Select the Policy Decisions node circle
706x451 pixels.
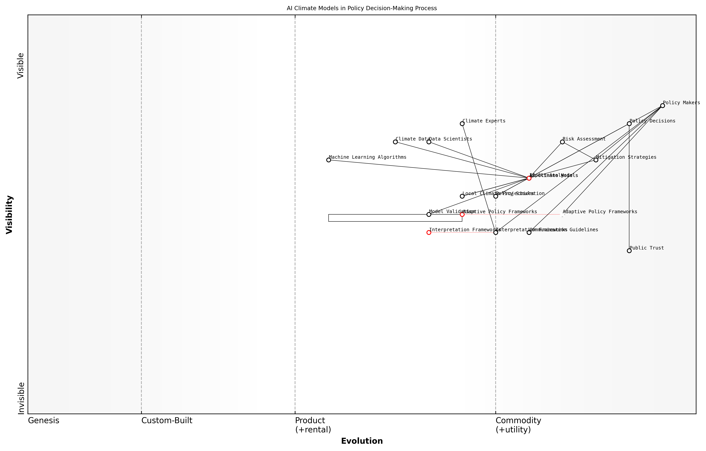click(x=629, y=124)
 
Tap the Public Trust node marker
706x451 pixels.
click(x=629, y=251)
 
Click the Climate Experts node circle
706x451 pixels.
click(x=462, y=124)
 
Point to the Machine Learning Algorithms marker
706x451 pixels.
click(x=328, y=160)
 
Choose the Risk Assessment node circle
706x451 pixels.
click(x=562, y=142)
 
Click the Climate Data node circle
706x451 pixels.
click(x=395, y=142)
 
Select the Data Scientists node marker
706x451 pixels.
click(x=429, y=142)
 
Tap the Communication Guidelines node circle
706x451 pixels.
click(x=529, y=233)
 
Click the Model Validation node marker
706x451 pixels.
click(x=429, y=214)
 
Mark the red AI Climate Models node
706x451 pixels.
click(x=529, y=178)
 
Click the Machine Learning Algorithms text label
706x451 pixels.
click(x=367, y=157)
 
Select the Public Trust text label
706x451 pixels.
click(x=646, y=248)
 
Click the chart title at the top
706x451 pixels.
click(x=362, y=8)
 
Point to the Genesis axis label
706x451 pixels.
click(x=43, y=420)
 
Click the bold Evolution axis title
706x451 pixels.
click(x=362, y=441)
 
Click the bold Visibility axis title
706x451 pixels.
click(x=9, y=214)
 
